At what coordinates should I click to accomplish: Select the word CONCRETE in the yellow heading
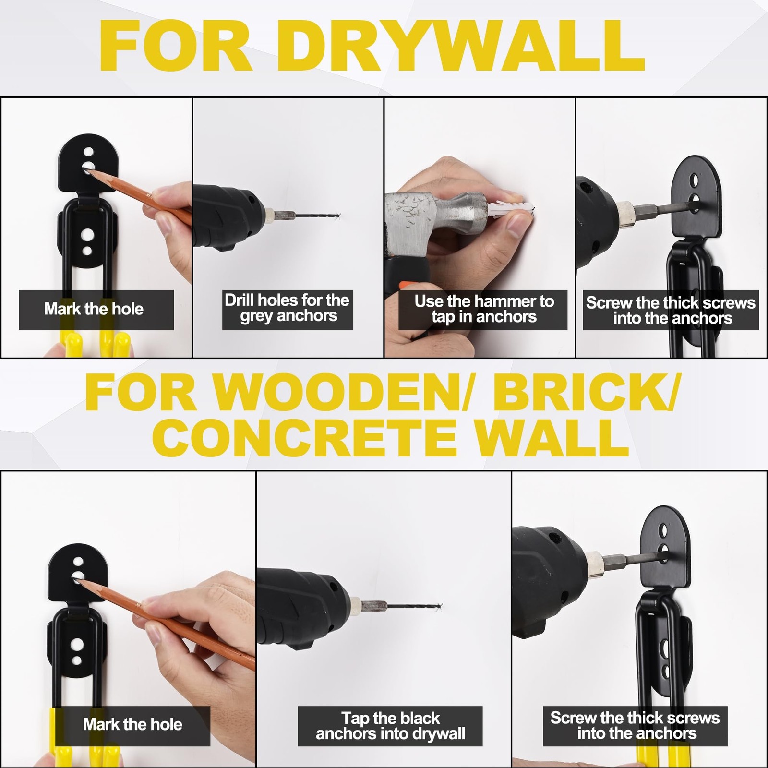(x=305, y=439)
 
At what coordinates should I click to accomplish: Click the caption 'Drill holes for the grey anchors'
(x=288, y=308)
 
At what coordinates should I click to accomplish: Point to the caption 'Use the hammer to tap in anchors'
(x=484, y=309)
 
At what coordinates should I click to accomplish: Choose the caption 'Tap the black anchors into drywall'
(x=390, y=726)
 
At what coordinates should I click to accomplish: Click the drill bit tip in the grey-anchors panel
(x=339, y=215)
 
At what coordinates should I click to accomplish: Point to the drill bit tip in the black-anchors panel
(x=440, y=606)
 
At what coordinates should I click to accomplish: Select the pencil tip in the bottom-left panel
(x=78, y=581)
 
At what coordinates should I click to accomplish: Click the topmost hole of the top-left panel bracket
(x=88, y=152)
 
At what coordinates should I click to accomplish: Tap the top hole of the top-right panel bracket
(x=694, y=180)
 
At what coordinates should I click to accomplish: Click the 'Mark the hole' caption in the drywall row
(x=94, y=309)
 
